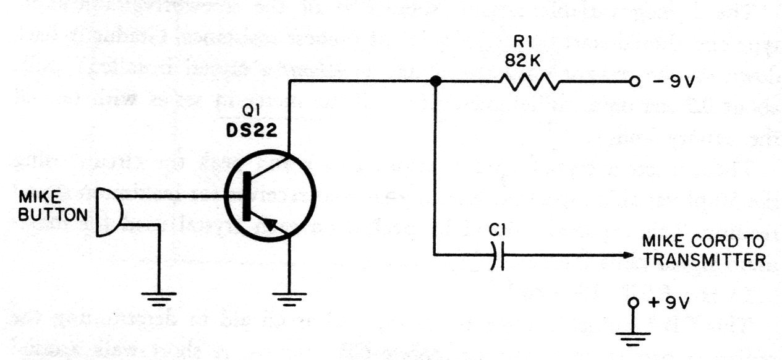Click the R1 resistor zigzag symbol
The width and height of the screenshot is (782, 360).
coord(529,82)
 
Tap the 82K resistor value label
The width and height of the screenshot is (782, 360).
coord(522,61)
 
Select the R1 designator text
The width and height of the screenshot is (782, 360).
coord(522,43)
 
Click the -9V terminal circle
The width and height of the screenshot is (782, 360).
coord(634,82)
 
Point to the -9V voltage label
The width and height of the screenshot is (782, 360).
coord(674,82)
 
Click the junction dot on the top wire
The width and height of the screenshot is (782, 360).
coord(435,82)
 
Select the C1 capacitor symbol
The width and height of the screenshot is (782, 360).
coord(498,255)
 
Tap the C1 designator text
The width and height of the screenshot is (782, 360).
coord(497,229)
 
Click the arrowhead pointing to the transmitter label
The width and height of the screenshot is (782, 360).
coord(628,255)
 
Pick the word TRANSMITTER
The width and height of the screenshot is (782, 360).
coord(705,260)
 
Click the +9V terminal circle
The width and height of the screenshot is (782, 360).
coord(633,302)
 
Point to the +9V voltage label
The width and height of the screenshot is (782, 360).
coord(669,302)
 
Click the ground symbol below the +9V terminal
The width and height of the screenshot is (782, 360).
coord(633,338)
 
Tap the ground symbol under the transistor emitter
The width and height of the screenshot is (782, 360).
coord(289,299)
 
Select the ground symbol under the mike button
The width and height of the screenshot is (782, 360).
coord(159,299)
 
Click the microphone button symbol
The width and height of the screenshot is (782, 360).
coord(109,212)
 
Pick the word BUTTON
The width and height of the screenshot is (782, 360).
coord(53,215)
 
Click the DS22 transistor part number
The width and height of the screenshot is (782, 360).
coord(252,131)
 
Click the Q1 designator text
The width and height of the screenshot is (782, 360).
coord(252,112)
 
